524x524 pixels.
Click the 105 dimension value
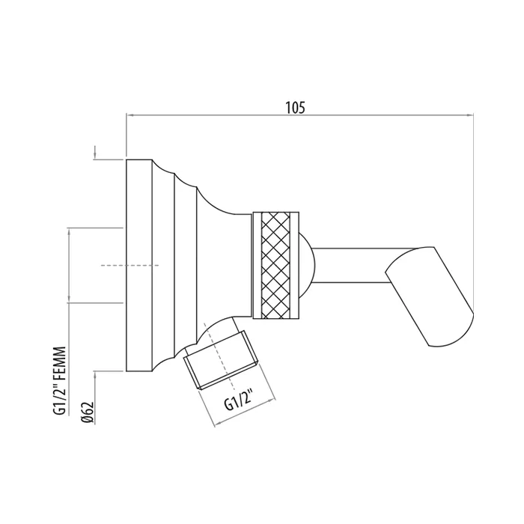click(295, 108)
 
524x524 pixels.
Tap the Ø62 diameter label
click(88, 412)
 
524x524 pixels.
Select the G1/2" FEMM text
click(59, 381)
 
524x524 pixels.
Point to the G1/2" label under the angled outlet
click(237, 401)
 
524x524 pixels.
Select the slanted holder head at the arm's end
click(430, 296)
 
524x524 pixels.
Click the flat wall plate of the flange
click(139, 265)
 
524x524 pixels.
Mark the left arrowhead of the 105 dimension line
click(130, 115)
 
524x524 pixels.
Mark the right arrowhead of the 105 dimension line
click(469, 115)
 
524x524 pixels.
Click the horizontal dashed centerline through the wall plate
click(130, 265)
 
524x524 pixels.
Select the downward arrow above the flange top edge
click(95, 152)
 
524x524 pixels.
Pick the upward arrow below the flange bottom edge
click(95, 378)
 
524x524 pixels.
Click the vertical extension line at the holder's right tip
click(474, 213)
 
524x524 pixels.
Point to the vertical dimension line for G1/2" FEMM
click(69, 265)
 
